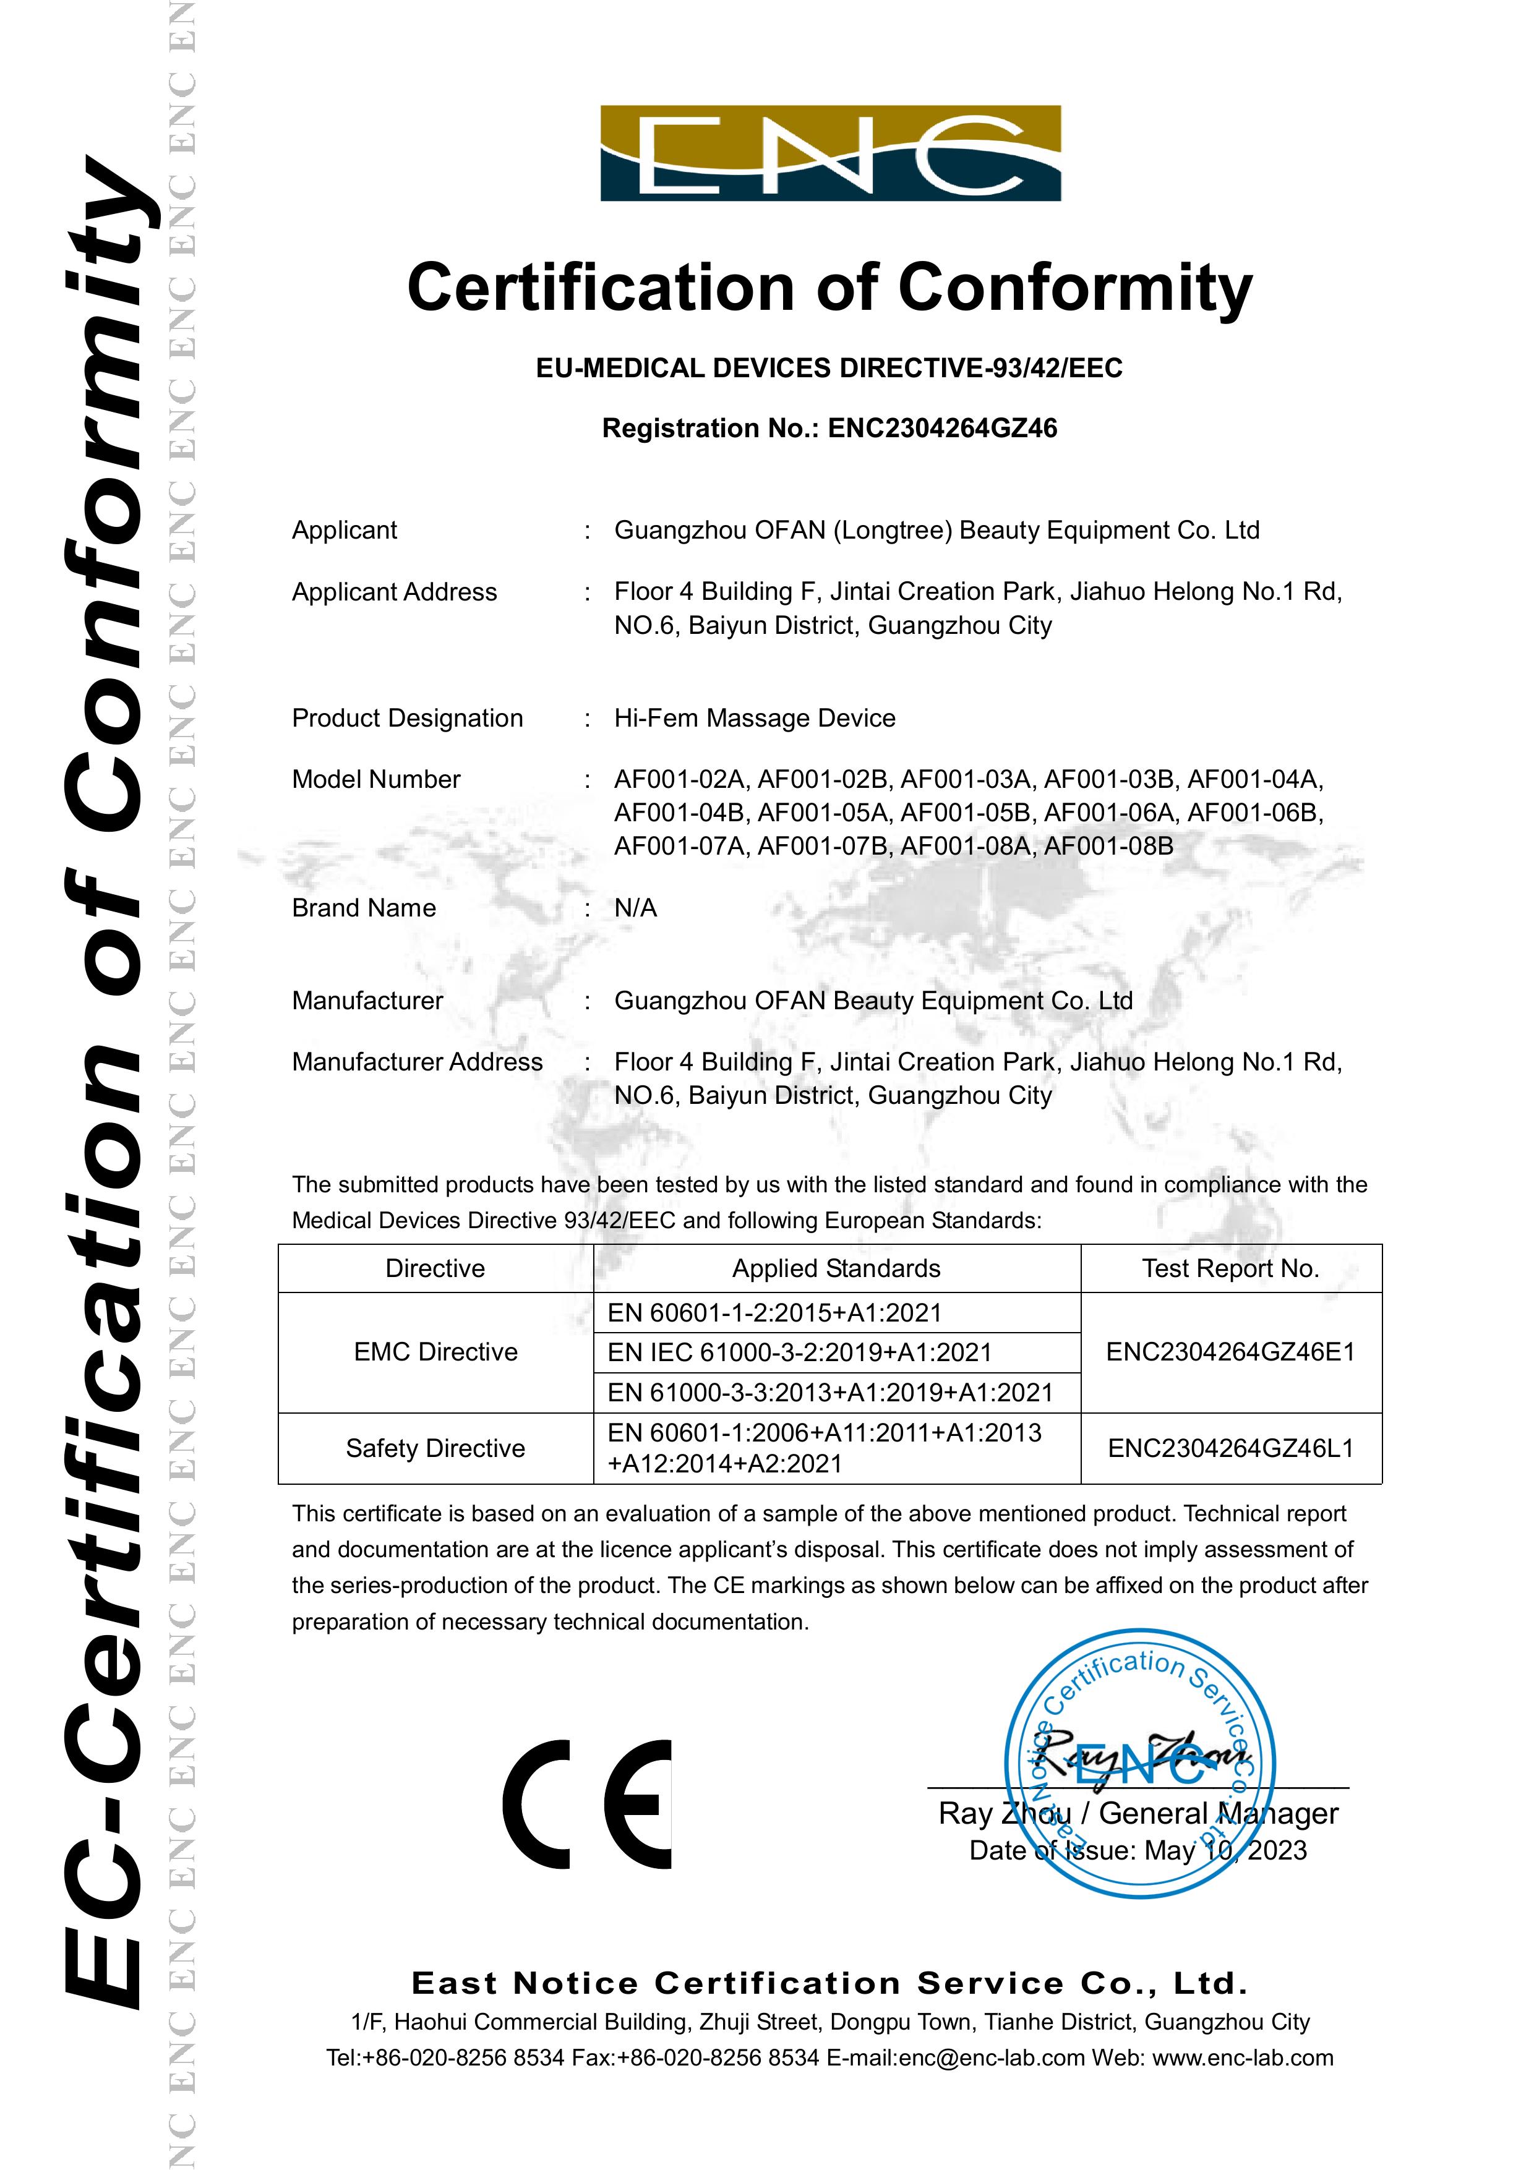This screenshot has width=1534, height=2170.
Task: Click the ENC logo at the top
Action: pyautogui.click(x=830, y=153)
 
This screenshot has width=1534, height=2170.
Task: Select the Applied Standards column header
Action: pyautogui.click(x=836, y=1268)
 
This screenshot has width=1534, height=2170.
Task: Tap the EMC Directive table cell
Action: pyautogui.click(x=435, y=1351)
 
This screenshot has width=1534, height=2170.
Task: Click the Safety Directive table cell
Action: pyautogui.click(x=435, y=1448)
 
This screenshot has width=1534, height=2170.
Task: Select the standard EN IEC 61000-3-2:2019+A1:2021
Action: pyautogui.click(x=800, y=1352)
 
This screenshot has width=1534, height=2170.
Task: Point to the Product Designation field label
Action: pyautogui.click(x=408, y=719)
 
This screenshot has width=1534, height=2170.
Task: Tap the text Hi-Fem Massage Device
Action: pyautogui.click(x=754, y=719)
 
